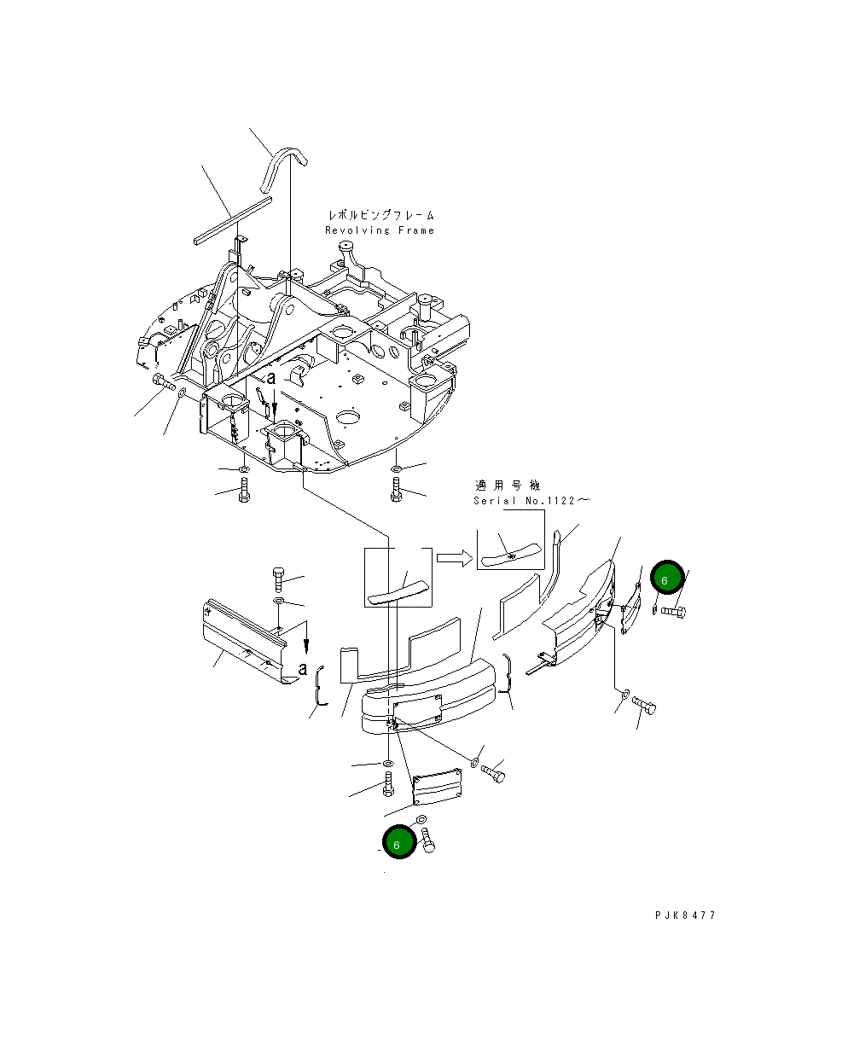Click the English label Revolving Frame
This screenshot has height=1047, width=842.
point(379,230)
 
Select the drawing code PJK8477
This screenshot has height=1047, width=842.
point(685,916)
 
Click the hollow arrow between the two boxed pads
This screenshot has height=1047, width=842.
point(454,559)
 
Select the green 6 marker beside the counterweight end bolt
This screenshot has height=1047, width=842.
point(667,578)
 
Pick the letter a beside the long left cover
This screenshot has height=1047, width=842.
point(301,667)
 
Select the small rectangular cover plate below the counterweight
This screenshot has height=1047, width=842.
point(437,786)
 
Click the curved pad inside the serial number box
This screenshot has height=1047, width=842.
point(511,555)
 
